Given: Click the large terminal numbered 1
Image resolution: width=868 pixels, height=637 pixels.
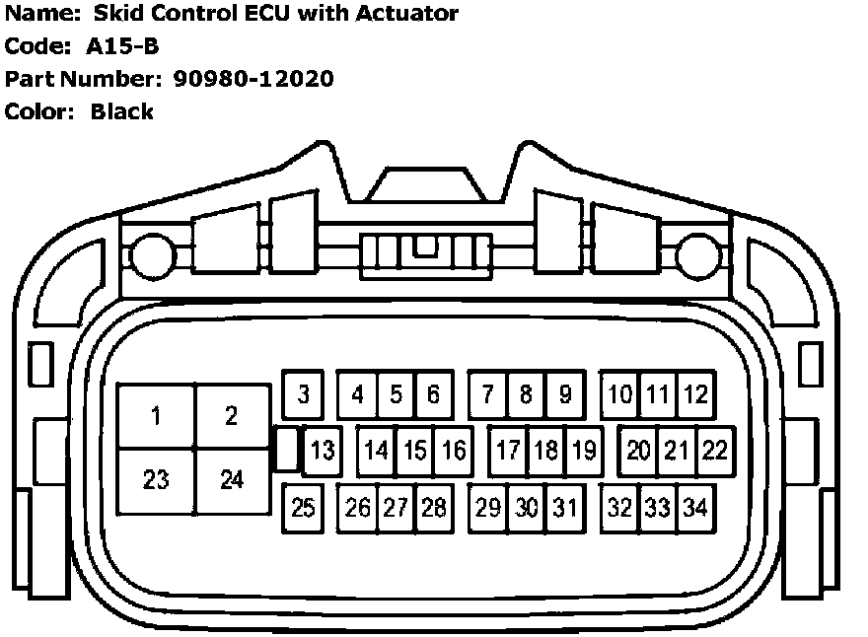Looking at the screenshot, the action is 156,417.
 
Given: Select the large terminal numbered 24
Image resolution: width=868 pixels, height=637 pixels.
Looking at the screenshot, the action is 232,480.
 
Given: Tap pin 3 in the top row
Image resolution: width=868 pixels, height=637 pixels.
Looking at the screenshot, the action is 304,394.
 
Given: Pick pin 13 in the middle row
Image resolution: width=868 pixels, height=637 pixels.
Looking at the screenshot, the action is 322,452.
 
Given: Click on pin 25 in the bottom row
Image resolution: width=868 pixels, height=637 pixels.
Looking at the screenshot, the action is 303,508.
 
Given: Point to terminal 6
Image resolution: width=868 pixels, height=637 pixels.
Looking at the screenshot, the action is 434,394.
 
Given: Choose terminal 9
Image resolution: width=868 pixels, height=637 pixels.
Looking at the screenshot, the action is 565,394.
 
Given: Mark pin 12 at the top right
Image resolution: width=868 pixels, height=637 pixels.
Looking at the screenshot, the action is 696,394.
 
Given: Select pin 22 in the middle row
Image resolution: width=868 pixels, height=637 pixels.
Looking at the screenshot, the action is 714,451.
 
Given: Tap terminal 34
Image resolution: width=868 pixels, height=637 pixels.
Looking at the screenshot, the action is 695,508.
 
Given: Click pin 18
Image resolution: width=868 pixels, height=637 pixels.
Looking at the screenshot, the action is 545,451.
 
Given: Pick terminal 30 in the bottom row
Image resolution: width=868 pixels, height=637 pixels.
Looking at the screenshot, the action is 527,508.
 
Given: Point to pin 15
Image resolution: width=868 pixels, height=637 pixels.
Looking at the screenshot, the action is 415,451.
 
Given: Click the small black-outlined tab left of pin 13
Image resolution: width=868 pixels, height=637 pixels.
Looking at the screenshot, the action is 285,450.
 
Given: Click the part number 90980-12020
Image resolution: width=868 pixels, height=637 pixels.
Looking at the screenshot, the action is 253,78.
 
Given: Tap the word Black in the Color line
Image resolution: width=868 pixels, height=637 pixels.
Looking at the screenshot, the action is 122,111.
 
